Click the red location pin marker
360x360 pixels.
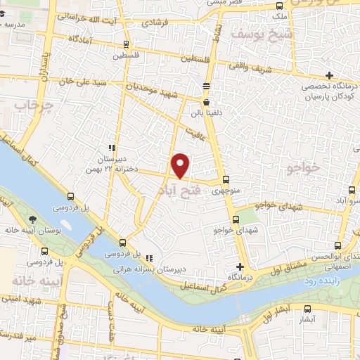(181, 165)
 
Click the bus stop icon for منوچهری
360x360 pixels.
(225, 179)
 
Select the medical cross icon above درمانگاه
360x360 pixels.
(240, 266)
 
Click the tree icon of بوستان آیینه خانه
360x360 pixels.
(34, 221)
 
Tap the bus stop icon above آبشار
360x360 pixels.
(307, 309)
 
